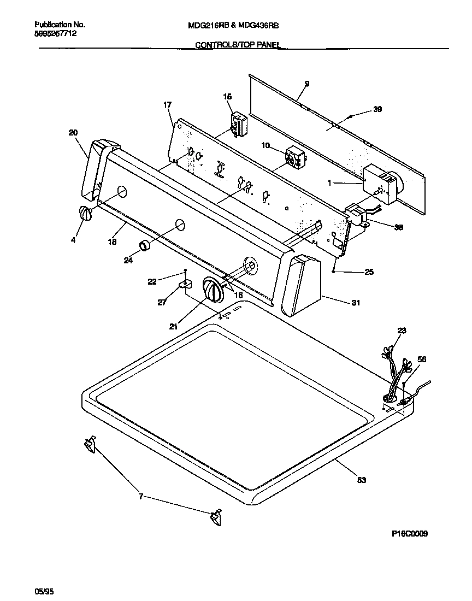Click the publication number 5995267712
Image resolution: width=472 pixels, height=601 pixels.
[55, 33]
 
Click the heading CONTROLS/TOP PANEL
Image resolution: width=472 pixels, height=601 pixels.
[238, 46]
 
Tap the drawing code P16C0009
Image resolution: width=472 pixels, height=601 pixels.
[409, 534]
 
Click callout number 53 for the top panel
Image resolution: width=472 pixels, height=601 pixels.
[361, 480]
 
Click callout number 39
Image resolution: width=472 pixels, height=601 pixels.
[377, 109]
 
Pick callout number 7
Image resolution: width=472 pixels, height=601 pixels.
[140, 496]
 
